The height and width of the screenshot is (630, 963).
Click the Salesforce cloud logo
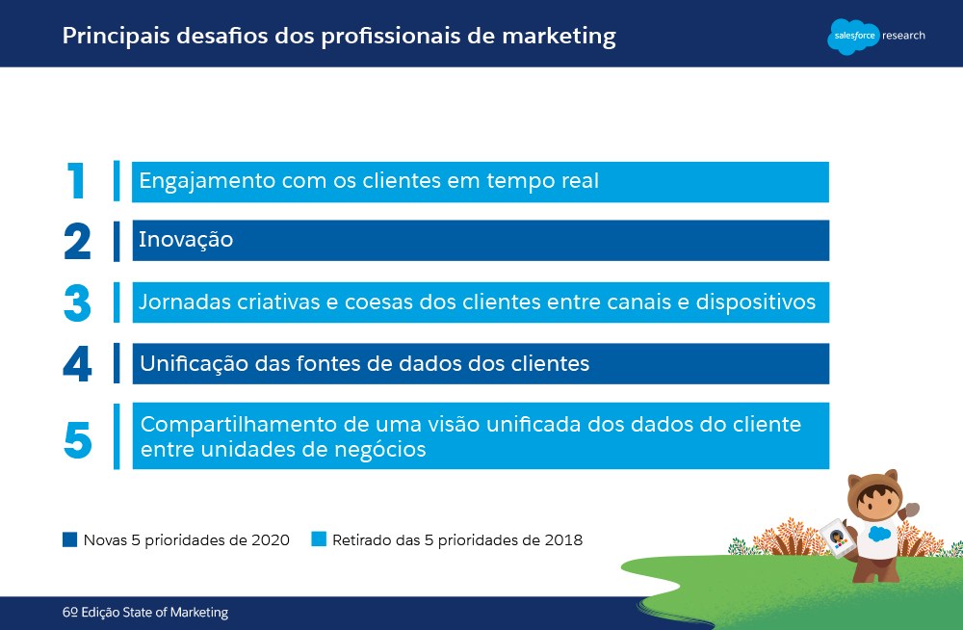(x=853, y=37)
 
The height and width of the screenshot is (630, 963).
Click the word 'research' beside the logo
(x=903, y=36)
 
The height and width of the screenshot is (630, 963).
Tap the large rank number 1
(x=75, y=181)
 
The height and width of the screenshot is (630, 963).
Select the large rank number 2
(x=77, y=241)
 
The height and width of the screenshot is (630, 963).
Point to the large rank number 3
(x=77, y=303)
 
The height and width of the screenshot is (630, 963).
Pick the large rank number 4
(x=77, y=364)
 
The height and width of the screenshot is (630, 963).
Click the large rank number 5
(x=78, y=440)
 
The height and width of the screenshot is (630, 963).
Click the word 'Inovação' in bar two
(x=186, y=239)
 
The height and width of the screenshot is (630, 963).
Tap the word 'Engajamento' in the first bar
(x=207, y=182)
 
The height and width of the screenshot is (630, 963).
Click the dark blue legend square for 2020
(x=70, y=539)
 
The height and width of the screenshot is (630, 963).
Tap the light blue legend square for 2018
(x=319, y=539)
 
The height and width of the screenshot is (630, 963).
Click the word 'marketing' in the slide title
(x=559, y=37)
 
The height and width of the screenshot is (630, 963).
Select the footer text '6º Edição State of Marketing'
(x=145, y=612)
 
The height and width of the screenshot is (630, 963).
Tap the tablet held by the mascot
(x=837, y=538)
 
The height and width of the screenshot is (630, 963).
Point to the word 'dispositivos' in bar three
(x=755, y=302)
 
